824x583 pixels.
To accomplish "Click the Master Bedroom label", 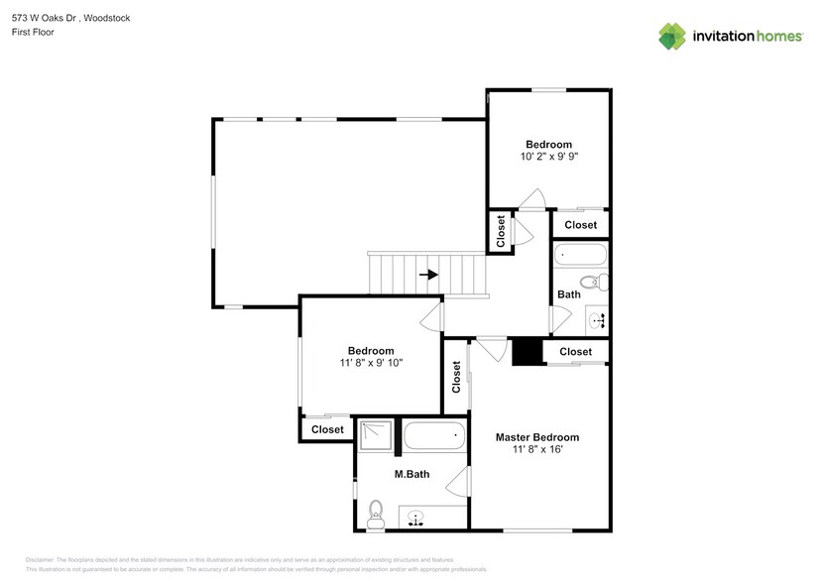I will point(536,437).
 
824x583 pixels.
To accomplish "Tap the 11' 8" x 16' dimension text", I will point(536,450).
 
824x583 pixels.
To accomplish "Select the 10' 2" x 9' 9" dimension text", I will point(548,157).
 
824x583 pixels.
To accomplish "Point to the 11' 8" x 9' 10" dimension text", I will point(370,363).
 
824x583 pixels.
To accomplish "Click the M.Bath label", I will point(412,475).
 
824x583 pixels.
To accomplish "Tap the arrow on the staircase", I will point(428,275).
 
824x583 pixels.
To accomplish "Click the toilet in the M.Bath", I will point(375,512).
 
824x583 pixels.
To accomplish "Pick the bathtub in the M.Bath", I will point(433,434).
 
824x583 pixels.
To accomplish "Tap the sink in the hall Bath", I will point(597,319).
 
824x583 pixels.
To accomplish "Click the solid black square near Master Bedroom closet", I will point(526,352).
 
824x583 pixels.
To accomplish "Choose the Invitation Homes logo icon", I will point(672,36).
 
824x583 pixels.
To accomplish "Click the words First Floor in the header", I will point(34,32).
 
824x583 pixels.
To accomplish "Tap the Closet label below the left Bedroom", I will point(327,429).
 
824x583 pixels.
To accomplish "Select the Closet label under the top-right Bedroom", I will point(580,225).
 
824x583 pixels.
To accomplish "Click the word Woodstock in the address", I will point(106,18).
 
